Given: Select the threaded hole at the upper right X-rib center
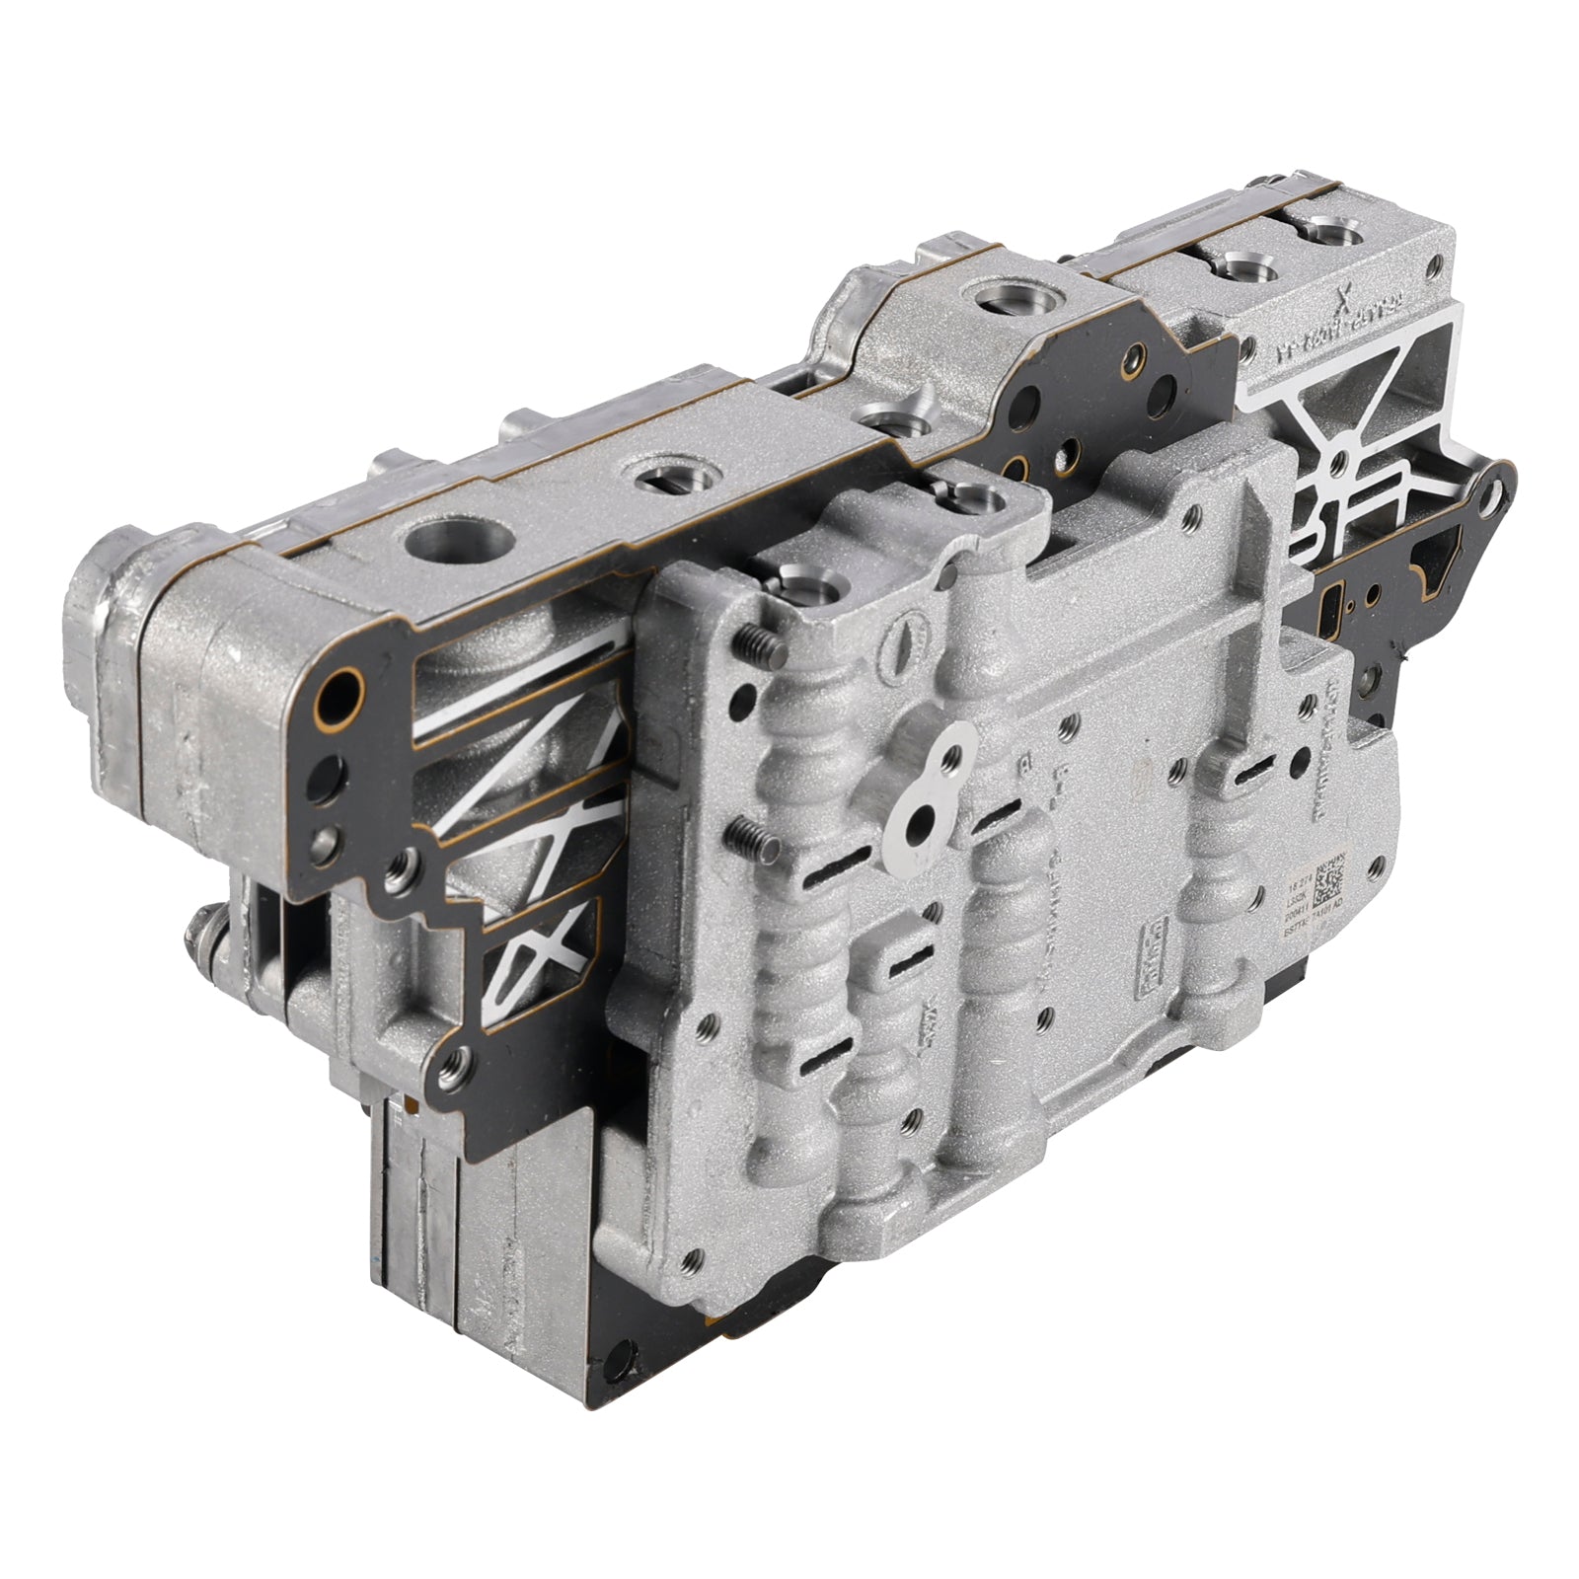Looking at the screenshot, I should coord(1338,460).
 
